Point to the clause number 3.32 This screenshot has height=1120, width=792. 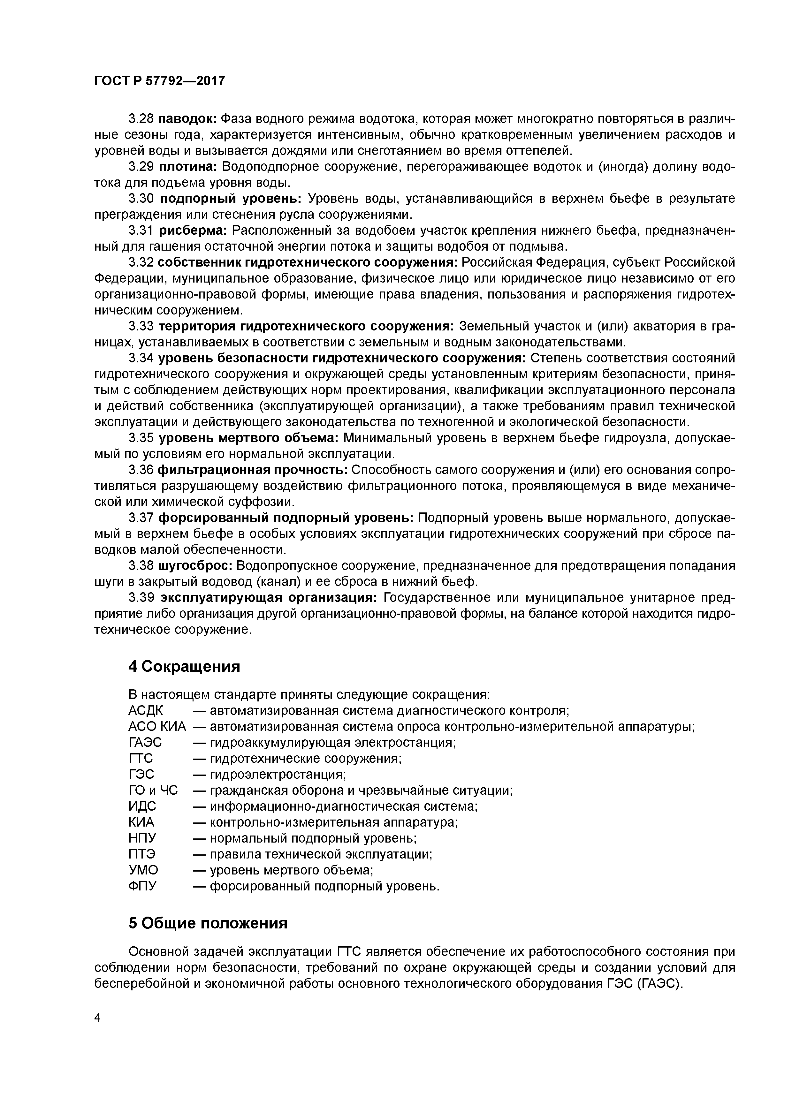[141, 262]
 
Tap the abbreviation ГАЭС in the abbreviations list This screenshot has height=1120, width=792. [145, 742]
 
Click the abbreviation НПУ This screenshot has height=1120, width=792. [142, 838]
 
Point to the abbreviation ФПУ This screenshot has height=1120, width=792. [142, 886]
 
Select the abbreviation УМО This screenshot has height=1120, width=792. [143, 870]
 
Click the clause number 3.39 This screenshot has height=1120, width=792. [141, 598]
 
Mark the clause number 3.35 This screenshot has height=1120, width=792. [141, 438]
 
